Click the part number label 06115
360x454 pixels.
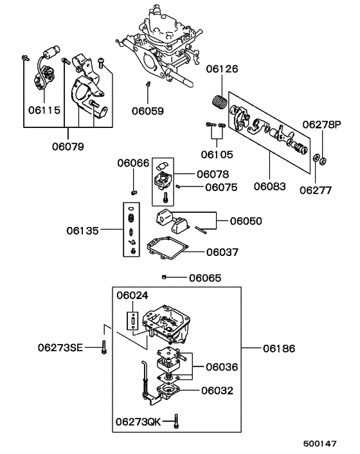pyautogui.click(x=44, y=110)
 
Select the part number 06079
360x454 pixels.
pyautogui.click(x=67, y=146)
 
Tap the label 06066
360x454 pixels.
pyautogui.click(x=132, y=163)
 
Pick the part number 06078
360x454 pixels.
pyautogui.click(x=213, y=174)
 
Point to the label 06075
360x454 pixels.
pyautogui.click(x=221, y=188)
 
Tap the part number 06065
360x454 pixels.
pyautogui.click(x=205, y=278)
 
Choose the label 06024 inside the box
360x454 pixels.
pyautogui.click(x=132, y=295)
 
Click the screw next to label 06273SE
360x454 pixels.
pyautogui.click(x=104, y=348)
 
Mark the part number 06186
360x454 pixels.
pyautogui.click(x=279, y=349)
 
